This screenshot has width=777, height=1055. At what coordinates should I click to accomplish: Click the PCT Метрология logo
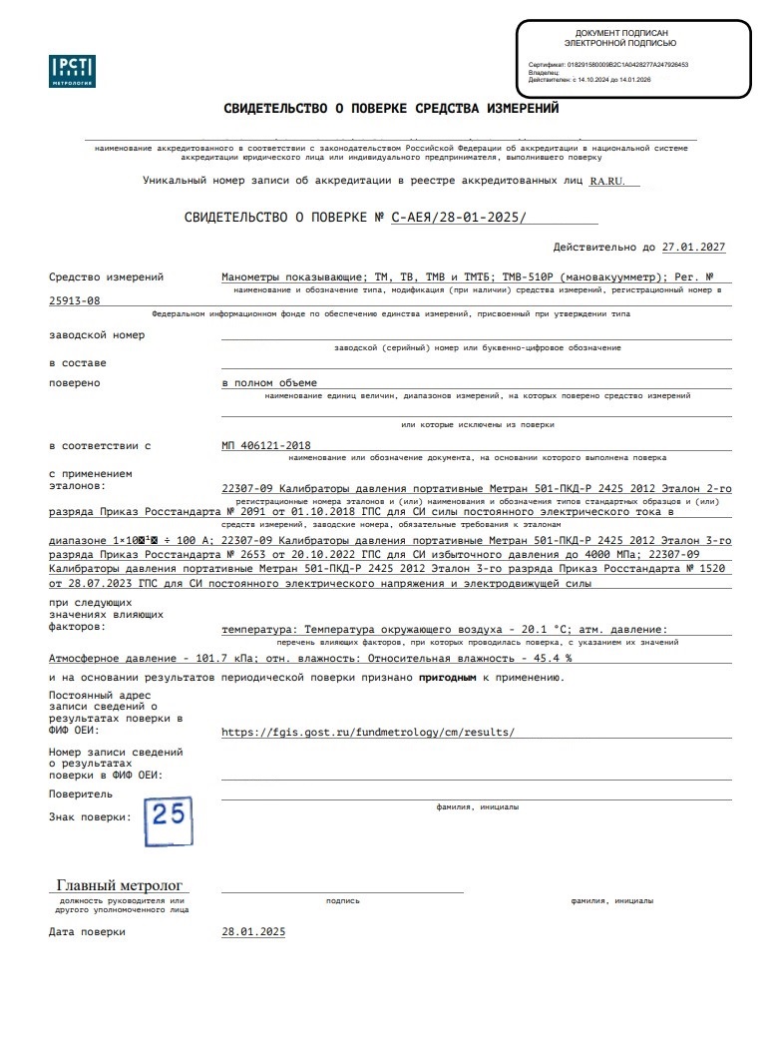(72, 71)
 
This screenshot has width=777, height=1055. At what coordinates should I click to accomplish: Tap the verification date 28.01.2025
(253, 931)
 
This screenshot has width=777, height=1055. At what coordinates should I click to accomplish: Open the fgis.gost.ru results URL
(368, 732)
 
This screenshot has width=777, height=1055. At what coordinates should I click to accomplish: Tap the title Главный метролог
(120, 885)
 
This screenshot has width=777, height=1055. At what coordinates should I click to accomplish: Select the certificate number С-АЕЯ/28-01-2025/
(459, 217)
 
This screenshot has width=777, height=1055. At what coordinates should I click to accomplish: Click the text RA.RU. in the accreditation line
(608, 181)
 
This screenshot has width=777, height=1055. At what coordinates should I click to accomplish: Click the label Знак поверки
(89, 816)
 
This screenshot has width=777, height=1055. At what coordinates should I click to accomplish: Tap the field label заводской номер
(97, 335)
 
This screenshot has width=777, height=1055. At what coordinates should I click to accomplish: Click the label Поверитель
(81, 794)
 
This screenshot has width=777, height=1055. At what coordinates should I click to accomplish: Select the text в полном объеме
(268, 382)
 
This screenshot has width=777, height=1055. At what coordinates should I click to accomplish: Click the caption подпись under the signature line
(342, 900)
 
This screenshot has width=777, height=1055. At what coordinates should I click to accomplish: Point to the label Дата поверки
(88, 931)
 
